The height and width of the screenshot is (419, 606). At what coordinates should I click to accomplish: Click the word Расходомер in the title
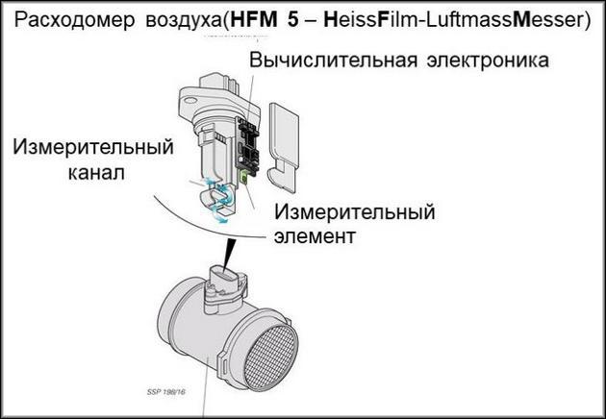click(74, 19)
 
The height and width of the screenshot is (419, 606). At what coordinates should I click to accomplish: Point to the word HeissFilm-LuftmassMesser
click(453, 19)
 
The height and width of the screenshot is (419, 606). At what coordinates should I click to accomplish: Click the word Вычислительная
click(333, 61)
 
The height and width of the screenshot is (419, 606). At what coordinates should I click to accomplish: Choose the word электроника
click(488, 61)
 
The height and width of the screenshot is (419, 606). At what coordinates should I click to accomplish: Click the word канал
click(96, 173)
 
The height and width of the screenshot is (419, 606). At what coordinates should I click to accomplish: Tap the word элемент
click(315, 236)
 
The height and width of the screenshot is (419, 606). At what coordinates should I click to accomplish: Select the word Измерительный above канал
click(93, 147)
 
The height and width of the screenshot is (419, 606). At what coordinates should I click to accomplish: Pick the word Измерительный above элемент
click(354, 212)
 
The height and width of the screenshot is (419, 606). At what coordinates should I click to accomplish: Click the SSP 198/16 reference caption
click(166, 391)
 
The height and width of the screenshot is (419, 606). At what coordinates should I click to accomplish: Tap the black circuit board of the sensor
click(248, 147)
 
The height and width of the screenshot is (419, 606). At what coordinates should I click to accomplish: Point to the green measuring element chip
click(244, 178)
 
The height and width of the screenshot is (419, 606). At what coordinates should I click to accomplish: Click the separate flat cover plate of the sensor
click(284, 148)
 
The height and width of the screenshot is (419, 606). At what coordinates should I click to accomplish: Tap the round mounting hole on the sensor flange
click(189, 101)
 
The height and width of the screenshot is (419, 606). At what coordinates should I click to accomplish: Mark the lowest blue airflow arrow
click(220, 219)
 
